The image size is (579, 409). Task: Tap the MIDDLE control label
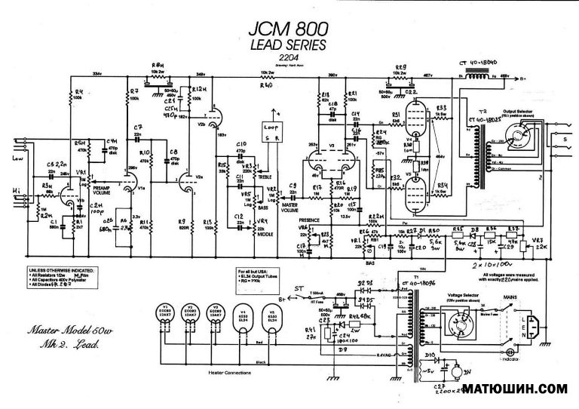[x=263, y=235]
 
